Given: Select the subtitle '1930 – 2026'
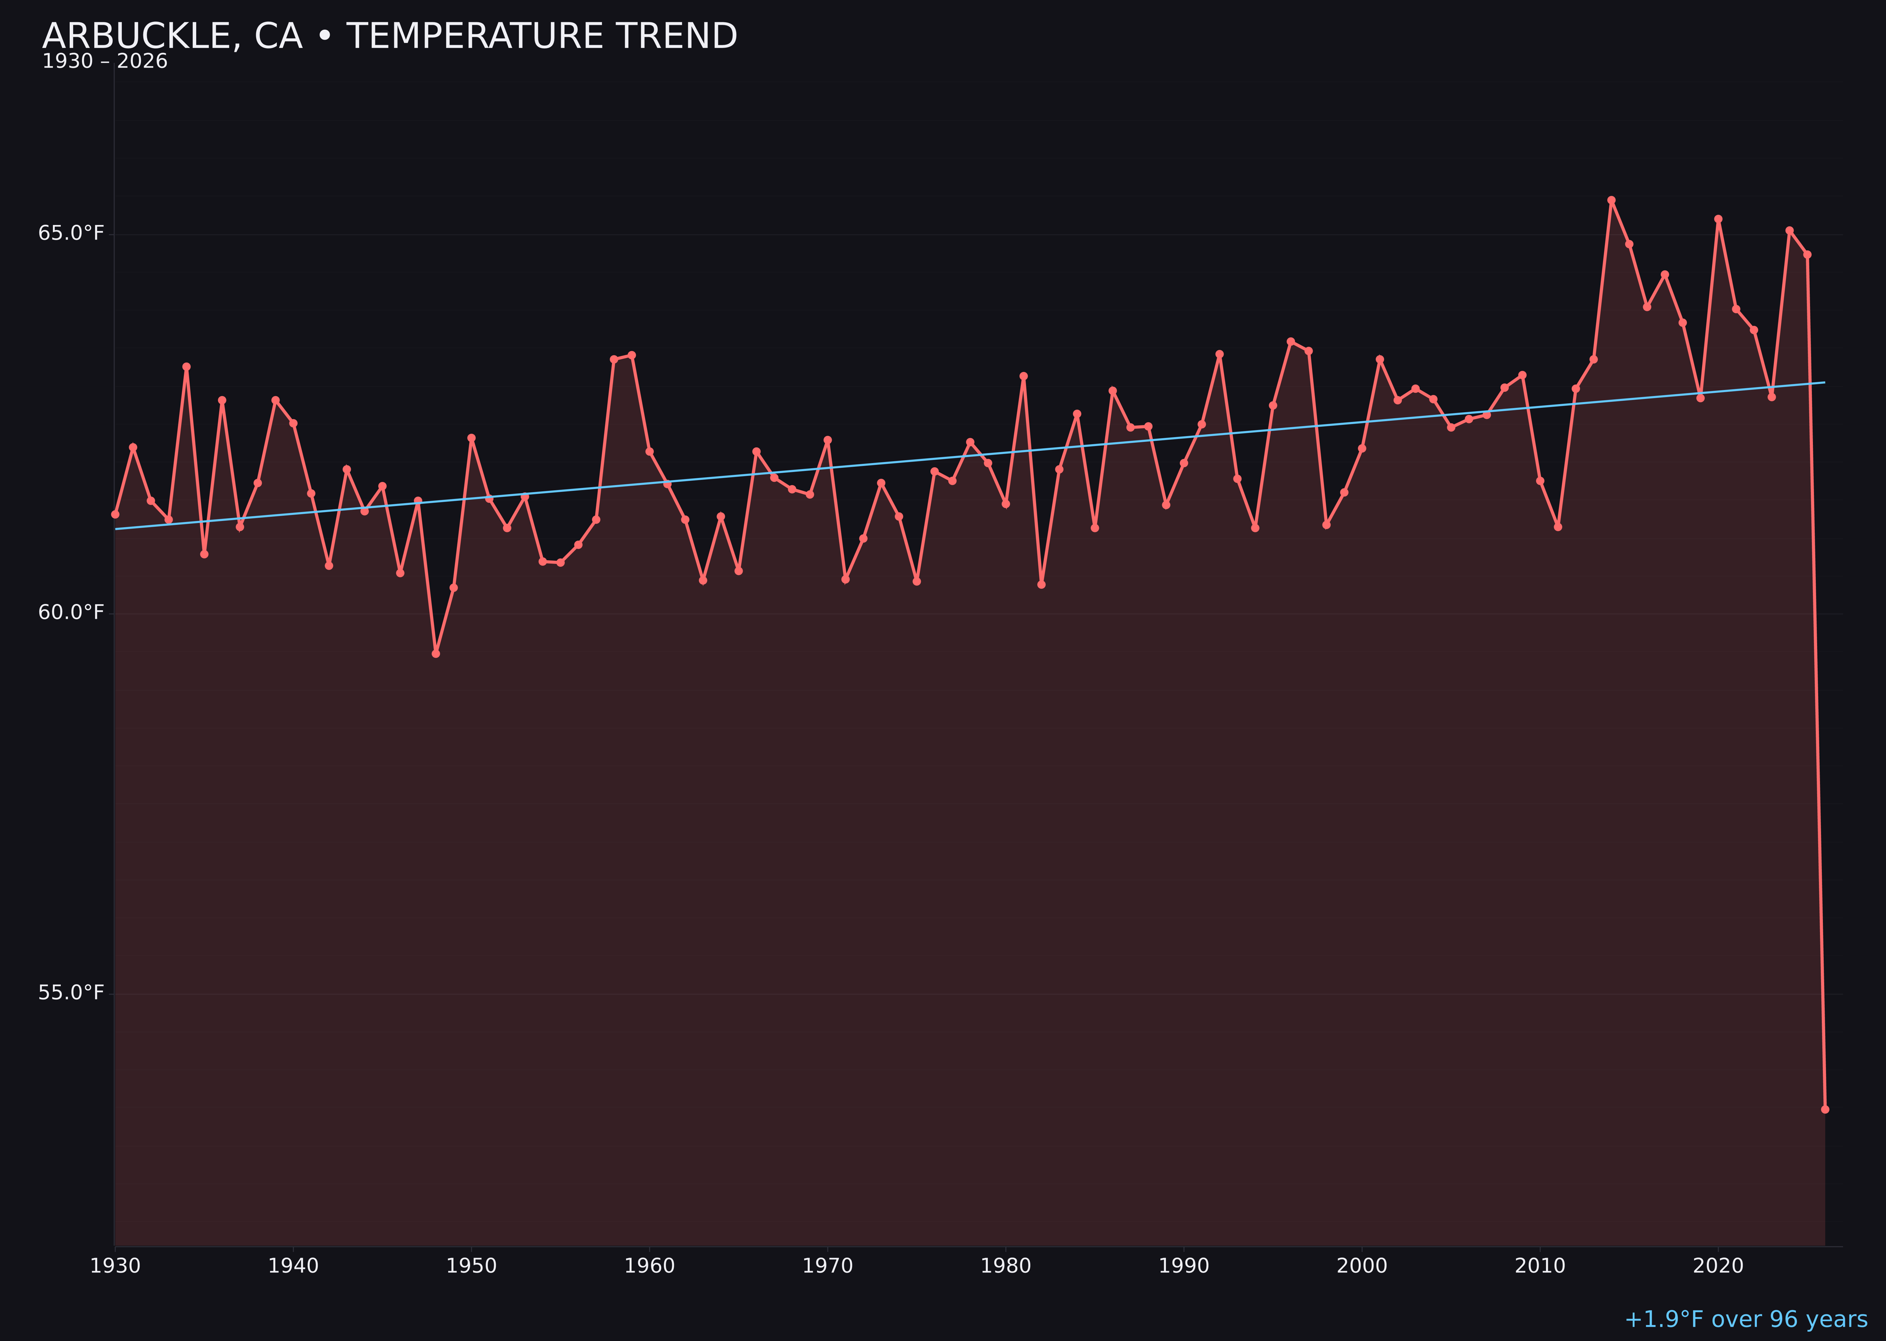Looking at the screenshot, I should pos(105,62).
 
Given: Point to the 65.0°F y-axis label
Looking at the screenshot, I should pos(71,234).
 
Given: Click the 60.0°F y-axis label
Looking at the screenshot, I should pos(71,613).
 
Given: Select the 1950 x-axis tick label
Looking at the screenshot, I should pos(471,1266).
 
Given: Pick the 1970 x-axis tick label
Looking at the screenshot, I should pos(827,1266).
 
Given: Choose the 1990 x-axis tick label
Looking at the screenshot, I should pos(1184,1266).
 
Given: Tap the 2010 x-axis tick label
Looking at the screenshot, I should pos(1540,1266).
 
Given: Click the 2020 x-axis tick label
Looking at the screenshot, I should pos(1718,1266).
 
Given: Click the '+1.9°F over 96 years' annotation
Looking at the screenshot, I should pos(1745,1319).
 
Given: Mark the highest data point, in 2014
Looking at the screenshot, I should pos(1611,200).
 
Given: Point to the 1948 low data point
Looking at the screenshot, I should pos(436,653).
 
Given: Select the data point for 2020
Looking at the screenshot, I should pos(1718,219).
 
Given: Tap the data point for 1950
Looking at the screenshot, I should pos(471,438).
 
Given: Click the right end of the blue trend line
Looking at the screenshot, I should pos(1824,382).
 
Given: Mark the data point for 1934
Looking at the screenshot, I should pos(187,367).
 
